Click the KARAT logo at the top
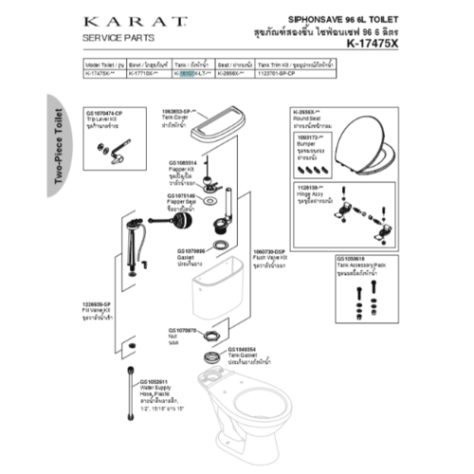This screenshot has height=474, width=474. (x=118, y=20)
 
